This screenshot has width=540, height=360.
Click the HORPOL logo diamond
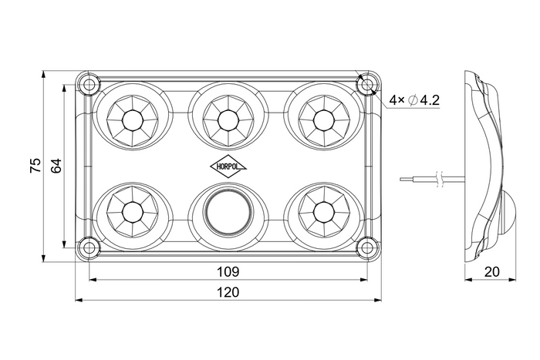(228, 167)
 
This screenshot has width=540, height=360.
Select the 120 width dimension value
(228, 292)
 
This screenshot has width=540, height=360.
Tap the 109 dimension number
(228, 272)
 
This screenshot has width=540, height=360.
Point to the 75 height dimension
(35, 166)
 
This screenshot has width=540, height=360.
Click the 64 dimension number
(56, 166)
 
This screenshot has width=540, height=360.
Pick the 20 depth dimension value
(492, 272)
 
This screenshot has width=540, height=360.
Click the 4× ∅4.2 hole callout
(414, 100)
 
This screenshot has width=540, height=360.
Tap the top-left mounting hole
(89, 84)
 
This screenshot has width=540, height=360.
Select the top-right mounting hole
(367, 84)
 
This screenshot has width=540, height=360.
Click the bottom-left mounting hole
(89, 247)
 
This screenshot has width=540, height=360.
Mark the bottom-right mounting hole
(367, 247)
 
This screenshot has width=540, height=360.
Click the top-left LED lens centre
(133, 120)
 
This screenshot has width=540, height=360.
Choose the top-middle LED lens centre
(228, 120)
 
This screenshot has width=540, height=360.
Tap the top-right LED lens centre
(324, 120)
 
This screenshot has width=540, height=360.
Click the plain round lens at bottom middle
(228, 212)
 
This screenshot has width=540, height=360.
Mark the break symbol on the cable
(439, 179)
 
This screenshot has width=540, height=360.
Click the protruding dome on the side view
(507, 214)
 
